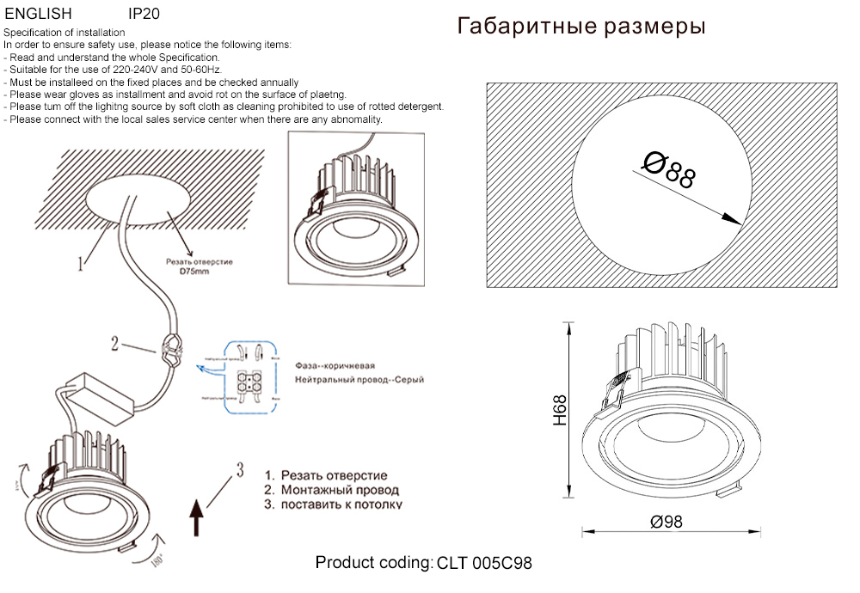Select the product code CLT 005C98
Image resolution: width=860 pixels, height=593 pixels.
click(x=485, y=564)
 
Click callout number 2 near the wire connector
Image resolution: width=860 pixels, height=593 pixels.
click(x=114, y=344)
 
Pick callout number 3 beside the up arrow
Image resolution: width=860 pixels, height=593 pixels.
click(x=240, y=468)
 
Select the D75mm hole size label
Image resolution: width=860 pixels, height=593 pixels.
click(x=193, y=271)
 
